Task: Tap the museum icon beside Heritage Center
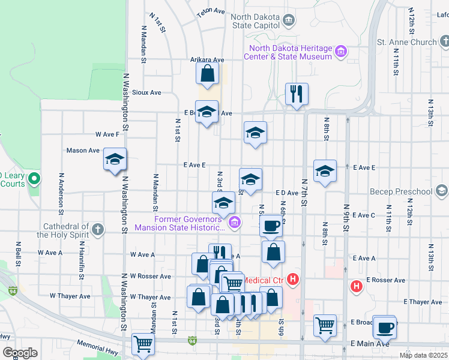pyautogui.click(x=341, y=52)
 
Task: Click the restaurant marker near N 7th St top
pyautogui.click(x=297, y=94)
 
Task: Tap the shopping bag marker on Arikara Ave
pyautogui.click(x=207, y=74)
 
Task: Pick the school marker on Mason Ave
pyautogui.click(x=114, y=159)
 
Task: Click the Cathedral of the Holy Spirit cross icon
pyautogui.click(x=97, y=229)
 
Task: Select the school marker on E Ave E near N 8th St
pyautogui.click(x=325, y=170)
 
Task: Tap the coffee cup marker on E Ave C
pyautogui.click(x=272, y=226)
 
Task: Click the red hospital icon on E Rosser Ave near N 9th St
pyautogui.click(x=357, y=286)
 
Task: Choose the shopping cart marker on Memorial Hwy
pyautogui.click(x=143, y=344)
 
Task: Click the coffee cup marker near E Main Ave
pyautogui.click(x=384, y=327)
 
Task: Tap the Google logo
pyautogui.click(x=20, y=353)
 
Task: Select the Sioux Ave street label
pyautogui.click(x=148, y=92)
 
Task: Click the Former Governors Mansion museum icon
pyautogui.click(x=234, y=223)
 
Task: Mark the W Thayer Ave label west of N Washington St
pyautogui.click(x=70, y=296)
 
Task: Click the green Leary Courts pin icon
pyautogui.click(x=35, y=178)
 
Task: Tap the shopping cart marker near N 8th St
pyautogui.click(x=325, y=326)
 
